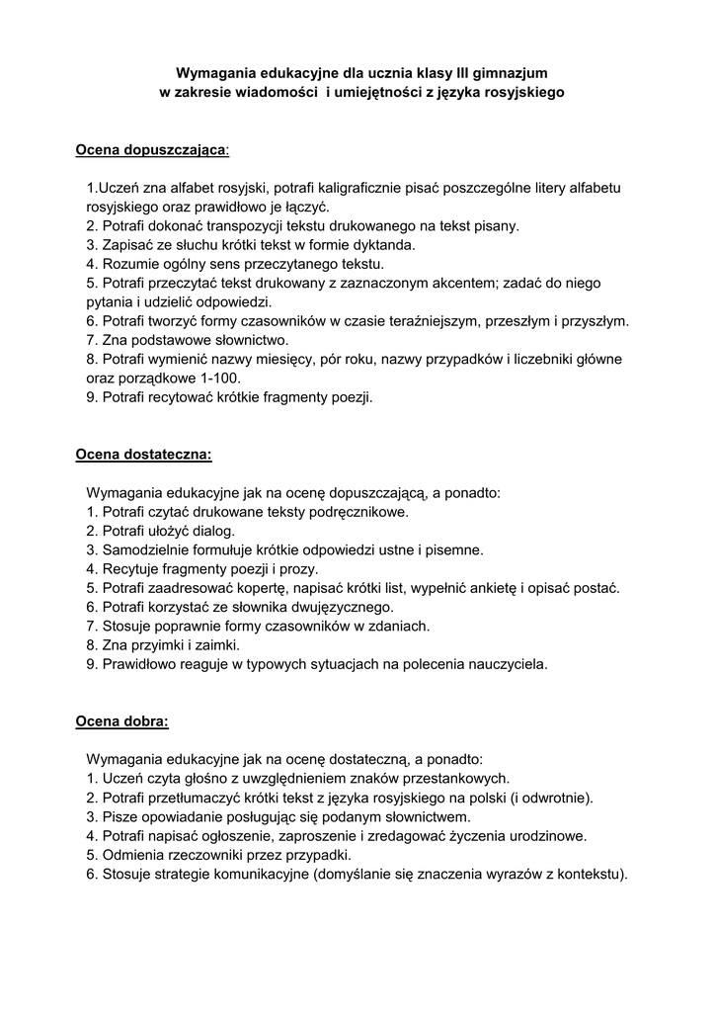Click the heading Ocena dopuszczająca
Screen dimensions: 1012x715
151,149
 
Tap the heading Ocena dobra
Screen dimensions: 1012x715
122,720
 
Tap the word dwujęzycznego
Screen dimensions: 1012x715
337,606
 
